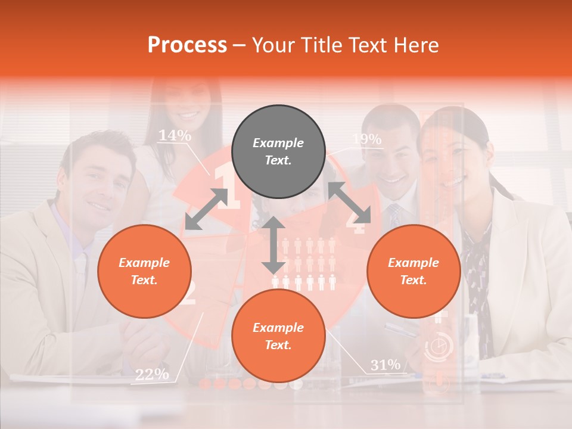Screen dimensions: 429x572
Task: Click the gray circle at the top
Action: coord(278,152)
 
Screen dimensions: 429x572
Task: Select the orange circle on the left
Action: coord(144,271)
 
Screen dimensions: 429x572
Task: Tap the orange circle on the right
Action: coord(414,271)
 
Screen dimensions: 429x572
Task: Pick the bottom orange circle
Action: coord(278,336)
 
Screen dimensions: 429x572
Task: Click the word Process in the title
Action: coord(187,45)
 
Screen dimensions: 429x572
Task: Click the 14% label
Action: coord(174,136)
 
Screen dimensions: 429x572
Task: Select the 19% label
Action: coord(366,139)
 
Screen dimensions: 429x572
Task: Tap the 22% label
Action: coord(151,374)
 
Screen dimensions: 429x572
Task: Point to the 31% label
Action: coord(385,365)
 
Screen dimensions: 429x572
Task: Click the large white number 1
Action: coord(226,188)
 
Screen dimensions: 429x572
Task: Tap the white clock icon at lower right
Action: coord(439,347)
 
